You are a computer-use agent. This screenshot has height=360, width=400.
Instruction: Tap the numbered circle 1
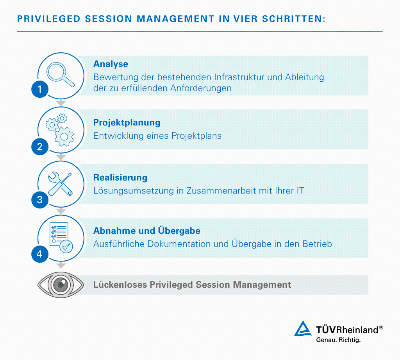(x=39, y=90)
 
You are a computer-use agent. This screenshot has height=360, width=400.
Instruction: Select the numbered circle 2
(x=39, y=147)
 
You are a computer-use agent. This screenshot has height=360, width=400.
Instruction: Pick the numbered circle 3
(x=39, y=200)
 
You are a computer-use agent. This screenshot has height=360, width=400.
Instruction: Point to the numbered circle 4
(x=39, y=254)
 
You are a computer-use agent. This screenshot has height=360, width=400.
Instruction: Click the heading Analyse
(x=111, y=64)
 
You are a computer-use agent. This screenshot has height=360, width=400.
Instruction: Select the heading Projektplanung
(x=127, y=122)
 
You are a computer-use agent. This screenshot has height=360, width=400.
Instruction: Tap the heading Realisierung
(x=120, y=177)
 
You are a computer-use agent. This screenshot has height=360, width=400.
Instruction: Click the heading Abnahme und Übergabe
(x=146, y=231)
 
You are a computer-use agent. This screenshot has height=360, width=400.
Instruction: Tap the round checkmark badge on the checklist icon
(x=66, y=246)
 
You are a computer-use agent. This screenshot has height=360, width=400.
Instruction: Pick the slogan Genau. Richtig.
(x=338, y=340)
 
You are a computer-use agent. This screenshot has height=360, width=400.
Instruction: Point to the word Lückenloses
(x=120, y=285)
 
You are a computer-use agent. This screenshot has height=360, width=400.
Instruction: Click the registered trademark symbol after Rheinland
(x=381, y=328)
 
